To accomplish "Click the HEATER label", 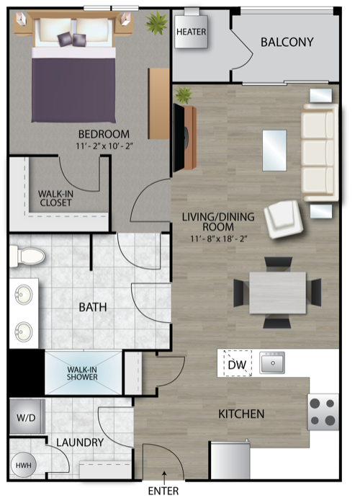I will click(x=191, y=32).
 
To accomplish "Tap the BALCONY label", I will click(x=287, y=42).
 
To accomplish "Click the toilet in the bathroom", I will click(x=27, y=255).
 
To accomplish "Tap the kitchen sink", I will click(x=272, y=363).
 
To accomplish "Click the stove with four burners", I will click(x=323, y=412).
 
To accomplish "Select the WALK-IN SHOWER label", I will click(x=83, y=373).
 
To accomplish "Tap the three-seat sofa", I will click(x=319, y=152).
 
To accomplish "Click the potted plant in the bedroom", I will click(x=156, y=24).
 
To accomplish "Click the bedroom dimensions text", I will click(x=104, y=147).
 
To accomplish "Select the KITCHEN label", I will click(x=241, y=414).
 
